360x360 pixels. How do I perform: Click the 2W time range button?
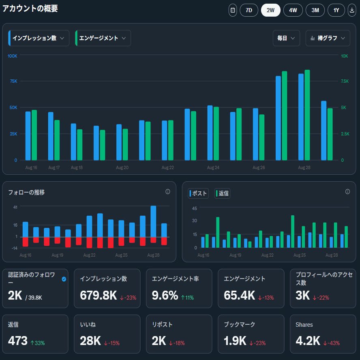pyautogui.click(x=270, y=11)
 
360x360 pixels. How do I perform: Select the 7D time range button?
pyautogui.click(x=249, y=11)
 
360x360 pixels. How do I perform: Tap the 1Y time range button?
pyautogui.click(x=336, y=11)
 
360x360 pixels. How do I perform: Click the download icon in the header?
pyautogui.click(x=352, y=11)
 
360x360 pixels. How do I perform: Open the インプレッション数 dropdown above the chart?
pyautogui.click(x=39, y=38)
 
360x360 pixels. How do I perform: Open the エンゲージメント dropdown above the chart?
pyautogui.click(x=103, y=38)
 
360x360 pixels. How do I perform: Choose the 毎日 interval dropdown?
pyautogui.click(x=286, y=38)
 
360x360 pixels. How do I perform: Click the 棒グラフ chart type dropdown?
pyautogui.click(x=328, y=38)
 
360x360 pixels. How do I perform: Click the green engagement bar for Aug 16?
pyautogui.click(x=34, y=135)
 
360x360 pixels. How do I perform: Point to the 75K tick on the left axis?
pyautogui.click(x=13, y=81)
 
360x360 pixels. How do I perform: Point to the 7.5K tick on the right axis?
pyautogui.click(x=345, y=81)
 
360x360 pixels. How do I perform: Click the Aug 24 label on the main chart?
pyautogui.click(x=213, y=167)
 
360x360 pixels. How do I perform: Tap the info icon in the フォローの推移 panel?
pyautogui.click(x=168, y=192)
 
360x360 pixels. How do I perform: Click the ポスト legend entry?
pyautogui.click(x=199, y=193)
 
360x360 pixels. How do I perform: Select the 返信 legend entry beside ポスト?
pyautogui.click(x=222, y=193)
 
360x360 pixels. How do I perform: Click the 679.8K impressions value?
pyautogui.click(x=99, y=296)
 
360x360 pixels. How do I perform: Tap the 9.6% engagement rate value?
pyautogui.click(x=165, y=296)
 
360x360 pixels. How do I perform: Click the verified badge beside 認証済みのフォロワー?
pyautogui.click(x=64, y=279)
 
